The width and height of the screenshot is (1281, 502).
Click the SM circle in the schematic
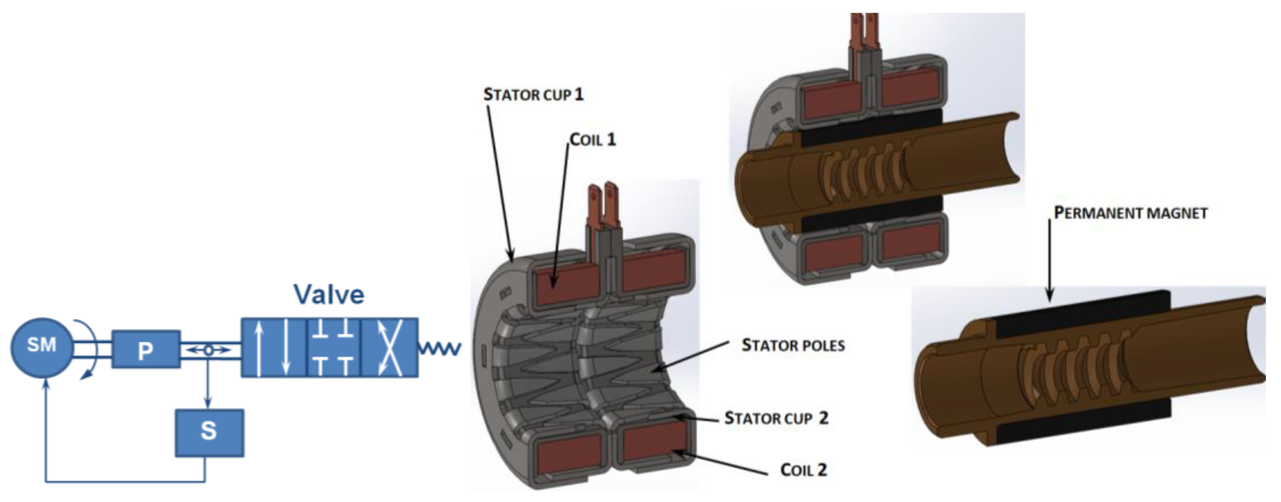(42, 347)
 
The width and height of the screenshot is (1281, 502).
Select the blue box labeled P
(146, 349)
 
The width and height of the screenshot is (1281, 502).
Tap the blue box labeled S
(209, 432)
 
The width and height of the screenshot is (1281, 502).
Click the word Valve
(329, 295)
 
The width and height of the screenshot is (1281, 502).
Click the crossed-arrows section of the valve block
(389, 347)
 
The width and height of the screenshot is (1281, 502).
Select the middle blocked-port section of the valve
(333, 347)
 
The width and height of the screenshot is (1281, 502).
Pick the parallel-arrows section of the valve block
(273, 347)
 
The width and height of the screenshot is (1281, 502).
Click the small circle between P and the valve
(209, 350)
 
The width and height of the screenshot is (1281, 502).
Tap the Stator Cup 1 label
(534, 95)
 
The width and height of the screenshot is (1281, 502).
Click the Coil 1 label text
(593, 140)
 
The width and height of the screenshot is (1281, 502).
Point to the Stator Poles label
(793, 345)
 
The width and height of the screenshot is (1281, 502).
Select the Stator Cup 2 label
(776, 418)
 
